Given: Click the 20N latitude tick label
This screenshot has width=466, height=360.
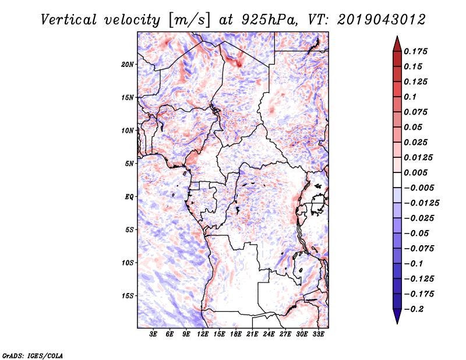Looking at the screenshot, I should pyautogui.click(x=128, y=64).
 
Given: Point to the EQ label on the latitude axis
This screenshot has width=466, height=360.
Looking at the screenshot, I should pyautogui.click(x=129, y=197).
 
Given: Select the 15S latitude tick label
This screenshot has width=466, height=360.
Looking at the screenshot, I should pyautogui.click(x=128, y=296).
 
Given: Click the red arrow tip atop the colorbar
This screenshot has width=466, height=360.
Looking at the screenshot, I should pyautogui.click(x=397, y=43).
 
